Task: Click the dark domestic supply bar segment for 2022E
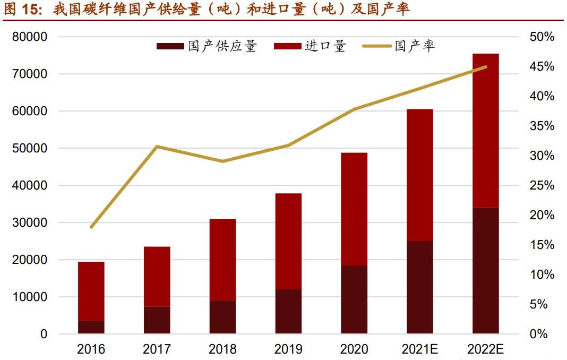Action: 486,271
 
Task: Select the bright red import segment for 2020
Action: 354,209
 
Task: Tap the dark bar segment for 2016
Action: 91,327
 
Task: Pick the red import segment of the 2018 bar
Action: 222,260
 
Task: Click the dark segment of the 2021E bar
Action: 420,287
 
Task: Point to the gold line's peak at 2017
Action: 157,146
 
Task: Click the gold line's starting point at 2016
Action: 91,227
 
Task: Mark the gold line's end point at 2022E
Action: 485,67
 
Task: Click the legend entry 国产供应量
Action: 207,46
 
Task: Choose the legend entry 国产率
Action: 399,46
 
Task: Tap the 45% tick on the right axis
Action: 542,67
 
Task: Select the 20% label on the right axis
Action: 542,216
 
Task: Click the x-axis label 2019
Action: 288,349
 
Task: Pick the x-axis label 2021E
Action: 420,349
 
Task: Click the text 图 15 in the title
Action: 21,10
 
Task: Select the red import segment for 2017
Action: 157,276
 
